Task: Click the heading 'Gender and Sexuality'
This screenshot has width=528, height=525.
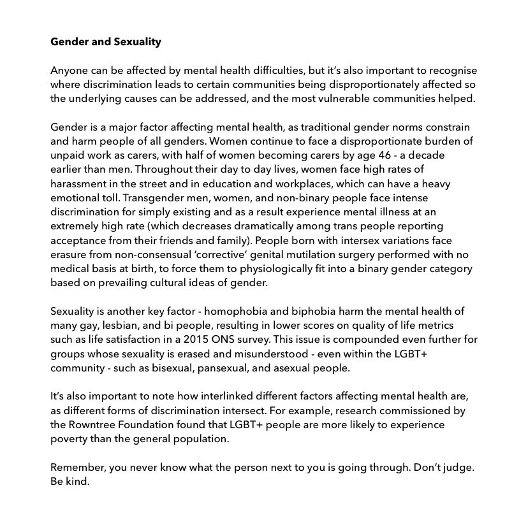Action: pyautogui.click(x=106, y=43)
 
